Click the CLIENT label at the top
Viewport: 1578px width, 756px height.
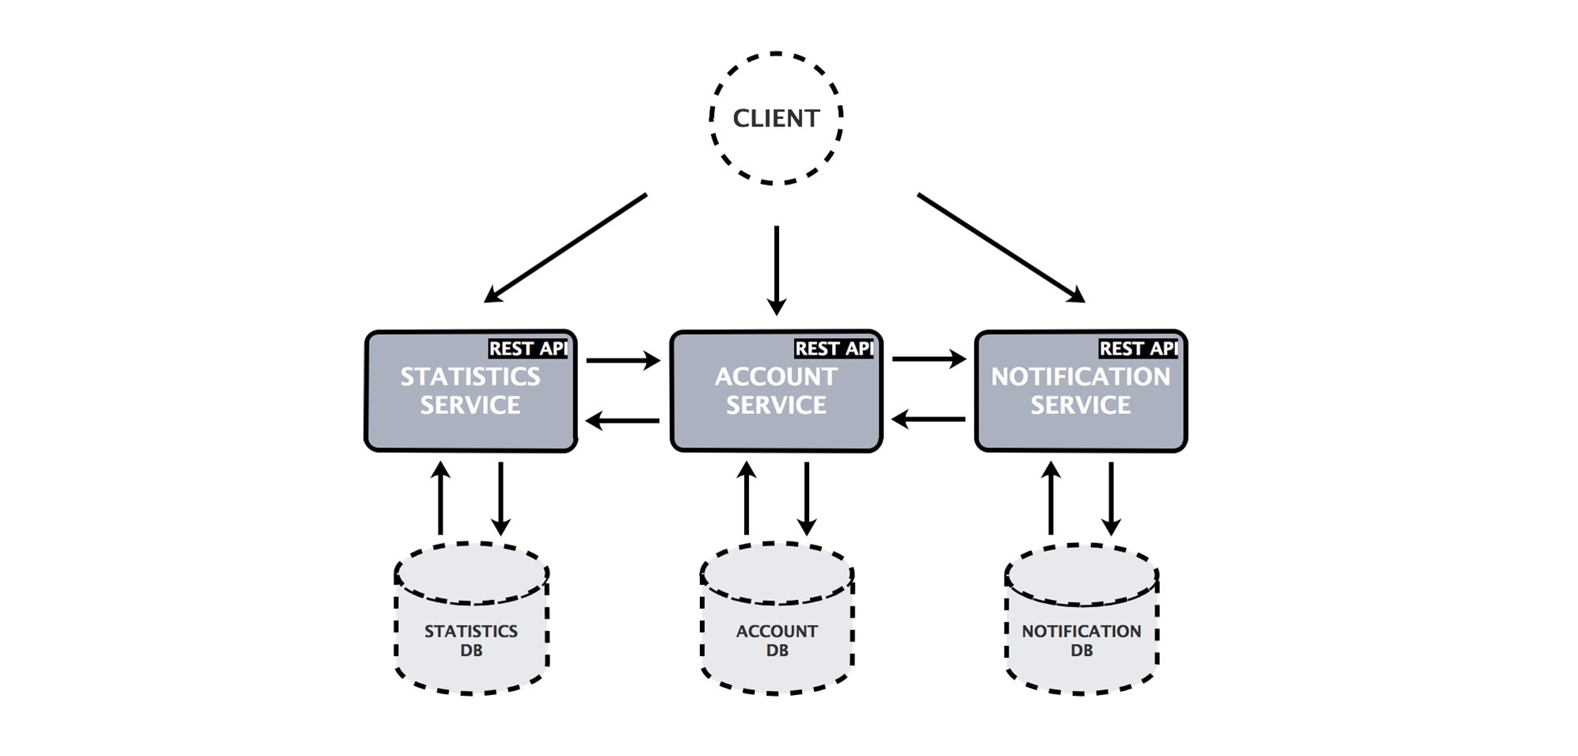[x=775, y=119]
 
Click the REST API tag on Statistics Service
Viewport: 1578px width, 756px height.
[x=527, y=348]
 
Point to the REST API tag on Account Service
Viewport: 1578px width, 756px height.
[x=833, y=348]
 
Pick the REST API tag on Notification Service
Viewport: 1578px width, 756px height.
[x=1138, y=348]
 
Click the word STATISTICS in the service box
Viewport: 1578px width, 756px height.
[x=470, y=377]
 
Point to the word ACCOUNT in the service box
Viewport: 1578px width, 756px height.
[x=776, y=377]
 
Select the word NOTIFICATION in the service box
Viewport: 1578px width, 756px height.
[x=1081, y=377]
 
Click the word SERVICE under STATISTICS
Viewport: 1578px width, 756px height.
[x=470, y=405]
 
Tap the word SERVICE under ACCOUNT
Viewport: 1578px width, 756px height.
[x=776, y=405]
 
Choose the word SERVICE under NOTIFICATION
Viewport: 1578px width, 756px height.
[x=1081, y=405]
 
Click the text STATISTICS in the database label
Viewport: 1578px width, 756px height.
[x=471, y=631]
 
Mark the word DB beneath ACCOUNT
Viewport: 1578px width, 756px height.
[x=777, y=651]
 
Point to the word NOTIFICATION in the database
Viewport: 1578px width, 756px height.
[x=1082, y=631]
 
